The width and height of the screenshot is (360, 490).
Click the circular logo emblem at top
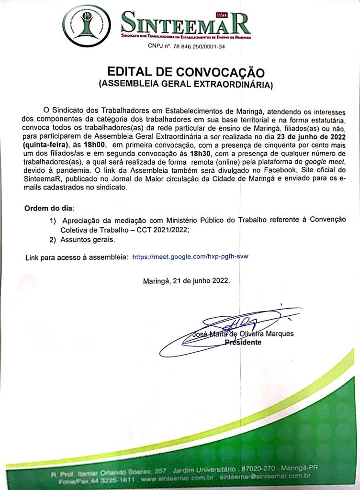pyautogui.click(x=87, y=25)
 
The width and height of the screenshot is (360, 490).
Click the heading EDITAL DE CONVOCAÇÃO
pyautogui.click(x=186, y=72)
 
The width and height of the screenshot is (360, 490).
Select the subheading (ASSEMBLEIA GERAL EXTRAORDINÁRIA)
pyautogui.click(x=186, y=85)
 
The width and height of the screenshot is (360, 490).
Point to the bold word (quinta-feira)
pyautogui.click(x=46, y=144)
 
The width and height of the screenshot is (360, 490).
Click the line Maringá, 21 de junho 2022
pyautogui.click(x=186, y=281)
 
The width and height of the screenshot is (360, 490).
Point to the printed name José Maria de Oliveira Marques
pyautogui.click(x=243, y=334)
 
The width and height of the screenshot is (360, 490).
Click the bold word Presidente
pyautogui.click(x=243, y=343)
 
